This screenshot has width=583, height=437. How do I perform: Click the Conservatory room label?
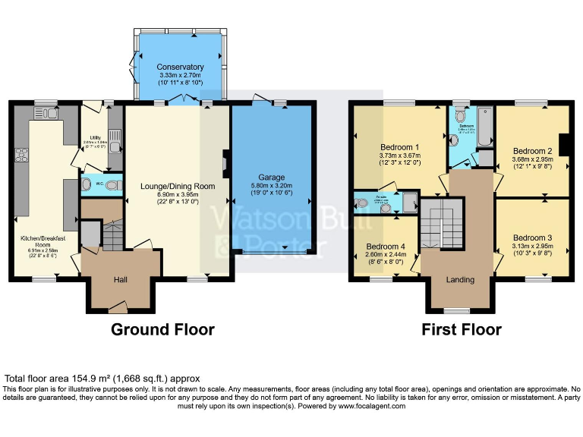pos(180,68)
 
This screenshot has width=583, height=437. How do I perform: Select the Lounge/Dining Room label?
pos(178,186)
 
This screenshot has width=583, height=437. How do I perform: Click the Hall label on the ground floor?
pos(121,280)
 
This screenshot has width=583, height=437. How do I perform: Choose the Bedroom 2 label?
pos(531,151)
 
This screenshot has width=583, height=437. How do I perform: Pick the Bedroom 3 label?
pos(531,237)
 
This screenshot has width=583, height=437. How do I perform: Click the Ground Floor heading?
pos(162,329)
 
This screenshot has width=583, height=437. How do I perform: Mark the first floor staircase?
pos(434,223)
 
